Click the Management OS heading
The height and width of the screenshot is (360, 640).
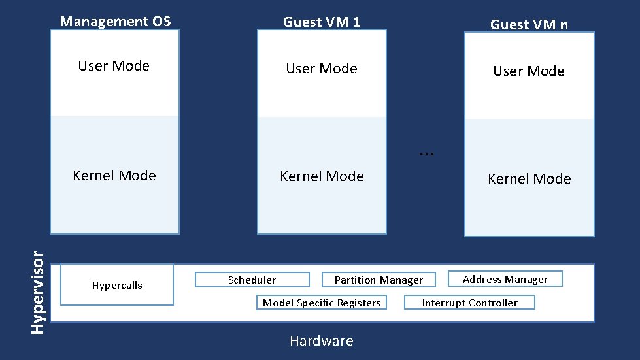pos(115,22)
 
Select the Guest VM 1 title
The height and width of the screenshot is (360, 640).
pos(322,22)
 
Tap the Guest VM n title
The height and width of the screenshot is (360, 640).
pos(529,25)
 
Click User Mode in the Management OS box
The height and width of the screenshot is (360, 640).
pos(114,66)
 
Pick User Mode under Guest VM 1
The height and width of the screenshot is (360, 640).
pos(322,69)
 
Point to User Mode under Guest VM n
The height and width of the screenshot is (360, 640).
pos(529,71)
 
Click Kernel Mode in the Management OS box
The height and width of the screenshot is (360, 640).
pos(114,176)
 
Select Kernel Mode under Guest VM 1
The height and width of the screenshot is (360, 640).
pos(322,176)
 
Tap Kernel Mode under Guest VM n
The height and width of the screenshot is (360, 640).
pos(529,179)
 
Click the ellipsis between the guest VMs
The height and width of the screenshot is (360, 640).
pos(426,153)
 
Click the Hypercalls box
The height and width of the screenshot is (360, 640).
pos(117,285)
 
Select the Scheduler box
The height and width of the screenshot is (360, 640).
pos(252,280)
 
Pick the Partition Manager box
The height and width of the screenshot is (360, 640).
pos(379,280)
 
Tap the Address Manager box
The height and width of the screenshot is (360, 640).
pos(505,280)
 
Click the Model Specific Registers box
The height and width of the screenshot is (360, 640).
pos(321,303)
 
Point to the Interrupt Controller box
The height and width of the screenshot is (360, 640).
pos(469,303)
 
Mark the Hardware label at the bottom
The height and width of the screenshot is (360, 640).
pos(322,341)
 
